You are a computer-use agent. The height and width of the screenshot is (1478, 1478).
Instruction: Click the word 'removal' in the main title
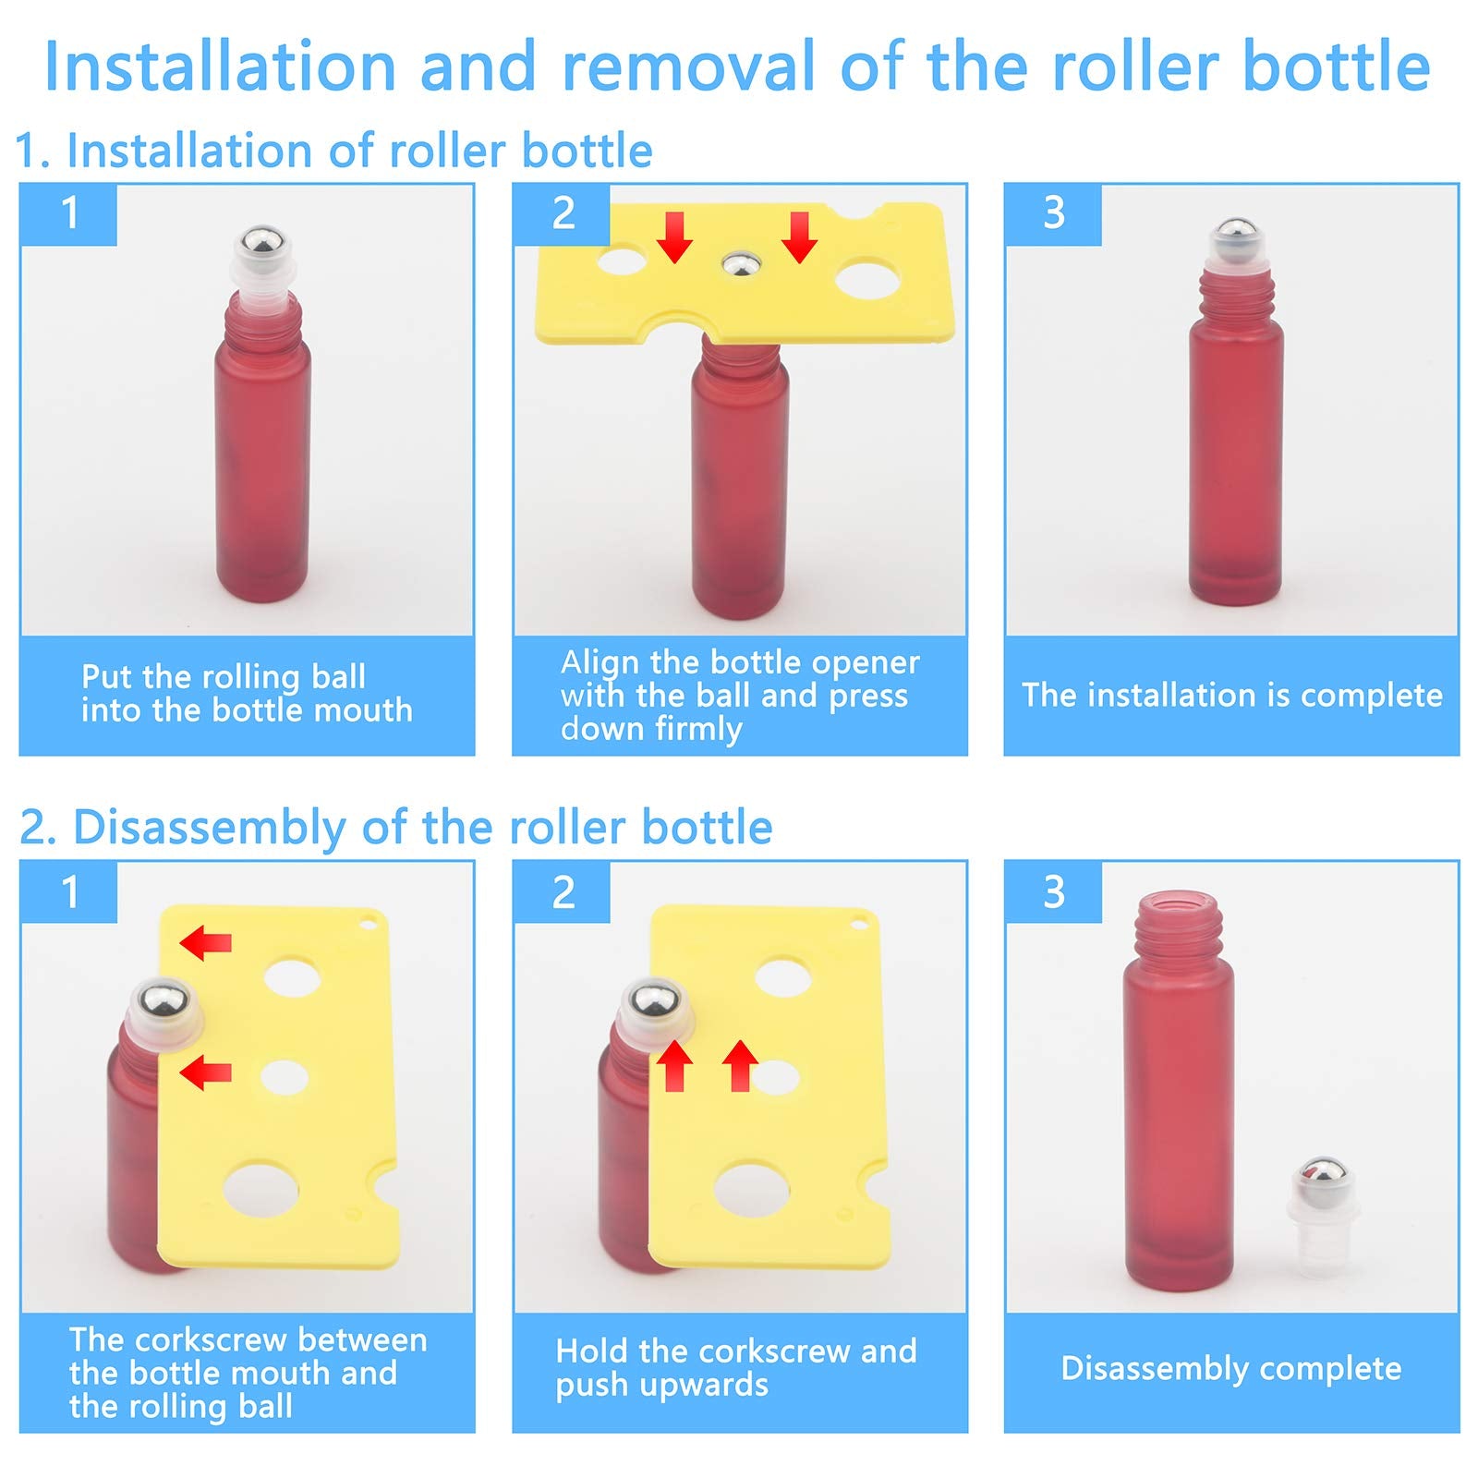(x=688, y=67)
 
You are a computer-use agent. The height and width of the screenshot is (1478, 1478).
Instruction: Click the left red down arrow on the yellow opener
(x=675, y=236)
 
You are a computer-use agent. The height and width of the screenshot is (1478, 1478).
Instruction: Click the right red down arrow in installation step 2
(x=799, y=236)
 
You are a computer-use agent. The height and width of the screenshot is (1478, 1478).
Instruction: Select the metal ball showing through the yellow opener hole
(x=741, y=265)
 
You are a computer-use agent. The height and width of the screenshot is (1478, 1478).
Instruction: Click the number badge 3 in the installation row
(x=1054, y=213)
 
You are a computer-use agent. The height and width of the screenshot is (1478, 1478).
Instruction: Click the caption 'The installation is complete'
(x=1231, y=696)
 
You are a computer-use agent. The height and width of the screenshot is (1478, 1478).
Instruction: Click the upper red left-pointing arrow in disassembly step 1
(x=205, y=943)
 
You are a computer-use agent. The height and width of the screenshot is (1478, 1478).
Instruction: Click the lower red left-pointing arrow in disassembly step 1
(x=205, y=1072)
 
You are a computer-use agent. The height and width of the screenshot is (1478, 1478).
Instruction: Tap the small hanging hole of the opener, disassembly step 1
(x=369, y=922)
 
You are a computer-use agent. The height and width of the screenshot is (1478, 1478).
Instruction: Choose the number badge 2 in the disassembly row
(x=563, y=892)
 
